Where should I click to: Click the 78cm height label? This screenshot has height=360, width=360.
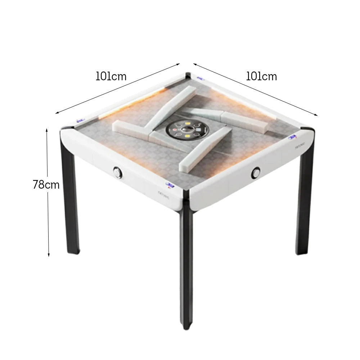46,185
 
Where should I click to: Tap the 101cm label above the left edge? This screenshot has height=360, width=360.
111,76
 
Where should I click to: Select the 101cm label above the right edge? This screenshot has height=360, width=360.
261,76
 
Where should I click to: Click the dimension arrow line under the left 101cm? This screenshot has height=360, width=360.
117,89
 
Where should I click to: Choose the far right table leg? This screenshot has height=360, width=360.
305,205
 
